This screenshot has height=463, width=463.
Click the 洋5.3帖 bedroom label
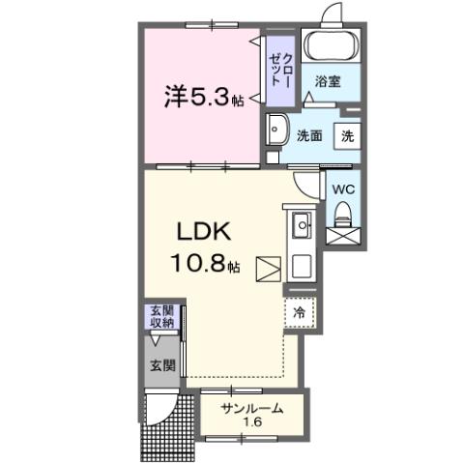tap(203, 97)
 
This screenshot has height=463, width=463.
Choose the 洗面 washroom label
tap(309, 136)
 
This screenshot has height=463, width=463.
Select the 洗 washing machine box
tap(346, 136)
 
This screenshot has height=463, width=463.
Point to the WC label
tap(343, 189)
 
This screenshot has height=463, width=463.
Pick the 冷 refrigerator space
tap(300, 313)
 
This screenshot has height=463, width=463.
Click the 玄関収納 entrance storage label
tap(161, 317)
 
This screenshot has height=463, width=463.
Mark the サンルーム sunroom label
tap(251, 408)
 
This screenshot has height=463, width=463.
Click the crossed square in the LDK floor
tap(266, 268)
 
